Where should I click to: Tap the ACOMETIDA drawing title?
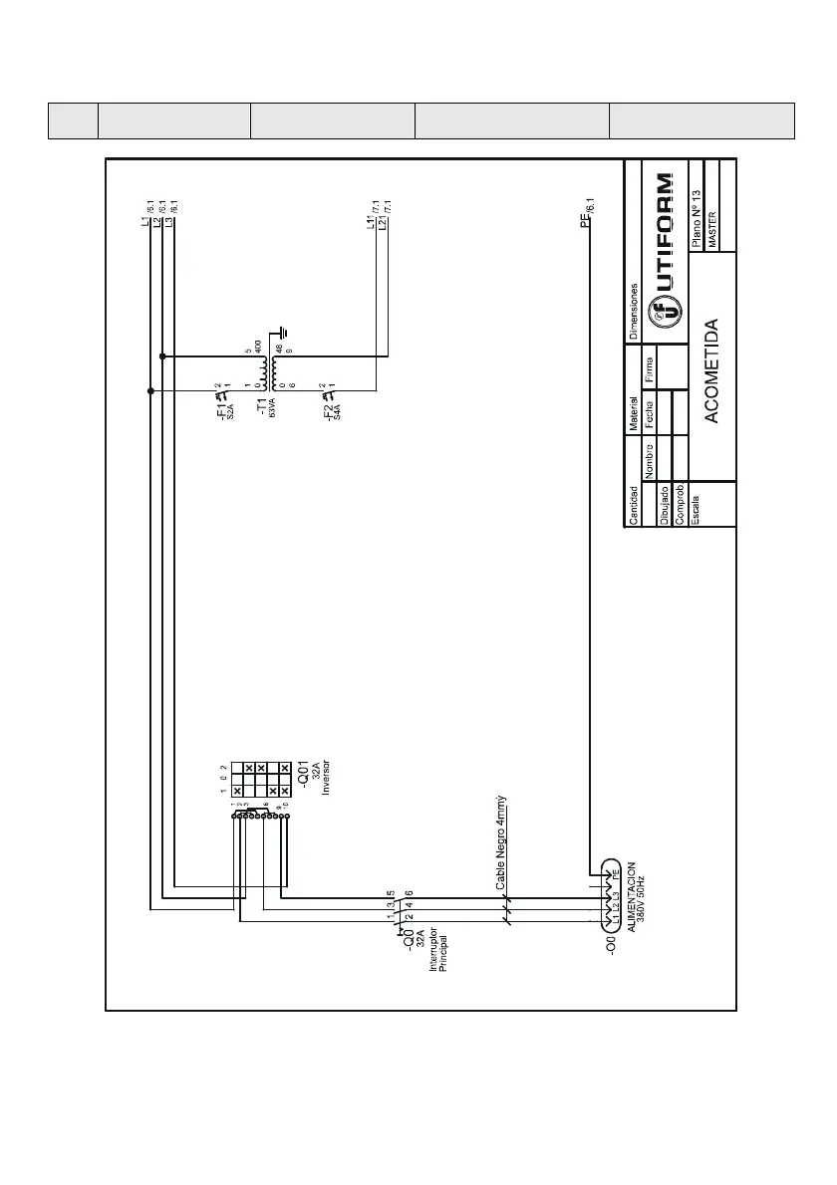pos(711,371)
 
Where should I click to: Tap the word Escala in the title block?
pos(696,506)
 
